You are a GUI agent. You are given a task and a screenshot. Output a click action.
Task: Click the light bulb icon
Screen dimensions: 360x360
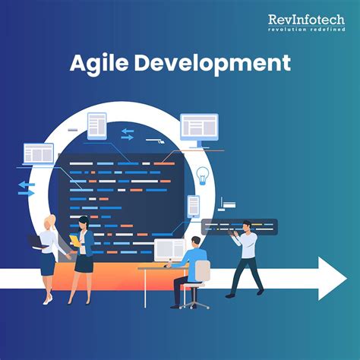tap(202, 175)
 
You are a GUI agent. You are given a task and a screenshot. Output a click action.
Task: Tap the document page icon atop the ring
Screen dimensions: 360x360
tap(97, 125)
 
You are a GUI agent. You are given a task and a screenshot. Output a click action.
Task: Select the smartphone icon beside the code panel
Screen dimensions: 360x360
tap(194, 205)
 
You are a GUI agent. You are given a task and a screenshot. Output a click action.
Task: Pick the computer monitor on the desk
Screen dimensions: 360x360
tap(169, 250)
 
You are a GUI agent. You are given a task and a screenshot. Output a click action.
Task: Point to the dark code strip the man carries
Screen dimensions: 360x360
tap(239, 226)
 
